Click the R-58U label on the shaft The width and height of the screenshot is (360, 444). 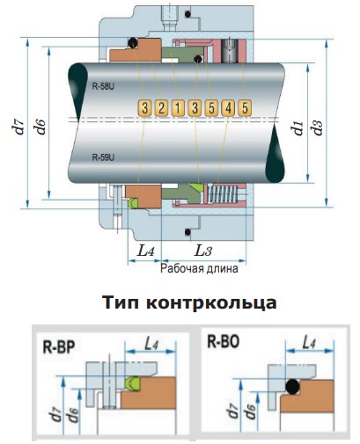click(103, 86)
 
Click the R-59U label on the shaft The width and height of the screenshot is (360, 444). click(103, 157)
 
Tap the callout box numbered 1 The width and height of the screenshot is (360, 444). click(178, 108)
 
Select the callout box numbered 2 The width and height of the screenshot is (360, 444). click(161, 108)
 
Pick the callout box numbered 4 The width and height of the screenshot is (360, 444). click(228, 108)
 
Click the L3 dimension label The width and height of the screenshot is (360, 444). click(203, 251)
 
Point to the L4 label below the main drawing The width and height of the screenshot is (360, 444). click(145, 251)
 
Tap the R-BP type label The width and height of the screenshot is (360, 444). click(59, 347)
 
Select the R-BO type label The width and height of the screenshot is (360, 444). click(224, 341)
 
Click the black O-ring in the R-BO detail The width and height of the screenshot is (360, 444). click(293, 387)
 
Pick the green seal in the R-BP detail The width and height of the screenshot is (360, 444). click(133, 383)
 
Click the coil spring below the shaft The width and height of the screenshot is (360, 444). click(222, 193)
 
